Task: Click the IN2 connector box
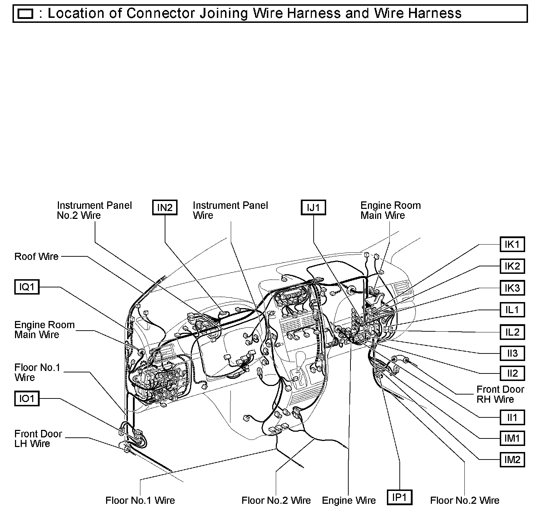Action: (165, 207)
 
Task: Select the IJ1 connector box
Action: (313, 207)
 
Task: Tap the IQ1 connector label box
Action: (27, 287)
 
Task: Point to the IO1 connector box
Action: (27, 398)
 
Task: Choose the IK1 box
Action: (512, 245)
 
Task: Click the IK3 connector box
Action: (512, 288)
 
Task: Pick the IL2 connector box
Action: (512, 332)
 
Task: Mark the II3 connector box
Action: (512, 353)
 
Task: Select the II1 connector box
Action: (512, 417)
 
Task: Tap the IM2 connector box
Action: (512, 460)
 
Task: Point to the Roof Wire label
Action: (36, 257)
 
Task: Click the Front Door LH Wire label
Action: (38, 439)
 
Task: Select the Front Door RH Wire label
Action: (500, 394)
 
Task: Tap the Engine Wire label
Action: (349, 501)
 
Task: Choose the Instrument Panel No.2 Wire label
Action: (94, 210)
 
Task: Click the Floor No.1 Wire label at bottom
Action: (140, 501)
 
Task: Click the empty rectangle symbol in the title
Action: (25, 14)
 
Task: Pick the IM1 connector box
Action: (512, 438)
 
